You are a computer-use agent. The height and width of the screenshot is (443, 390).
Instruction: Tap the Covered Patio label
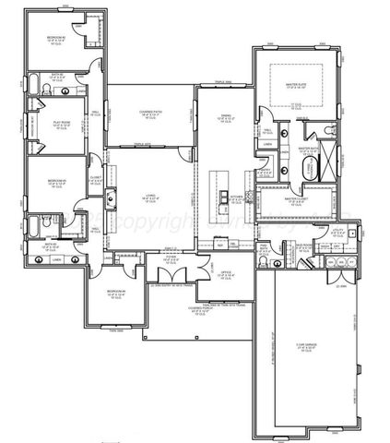[150, 114]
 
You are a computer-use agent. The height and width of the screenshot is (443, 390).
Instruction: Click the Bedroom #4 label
[117, 294]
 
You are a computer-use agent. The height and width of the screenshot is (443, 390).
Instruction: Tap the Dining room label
[224, 117]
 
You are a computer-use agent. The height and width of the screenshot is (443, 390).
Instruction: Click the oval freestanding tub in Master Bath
[309, 169]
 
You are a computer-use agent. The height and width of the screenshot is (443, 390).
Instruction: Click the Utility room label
[337, 234]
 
